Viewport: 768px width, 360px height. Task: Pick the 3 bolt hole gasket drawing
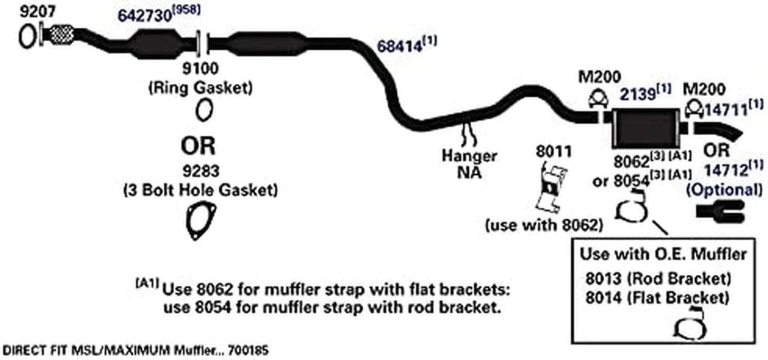point(199,223)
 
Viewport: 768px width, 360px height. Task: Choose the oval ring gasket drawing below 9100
point(202,111)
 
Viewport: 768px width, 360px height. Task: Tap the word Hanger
point(469,156)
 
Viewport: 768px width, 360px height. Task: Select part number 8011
point(552,151)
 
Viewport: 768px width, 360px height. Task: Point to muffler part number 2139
point(637,94)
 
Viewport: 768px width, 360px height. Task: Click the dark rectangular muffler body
point(644,129)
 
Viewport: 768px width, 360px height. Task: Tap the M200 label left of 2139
point(597,76)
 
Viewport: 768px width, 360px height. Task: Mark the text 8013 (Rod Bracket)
point(657,278)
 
